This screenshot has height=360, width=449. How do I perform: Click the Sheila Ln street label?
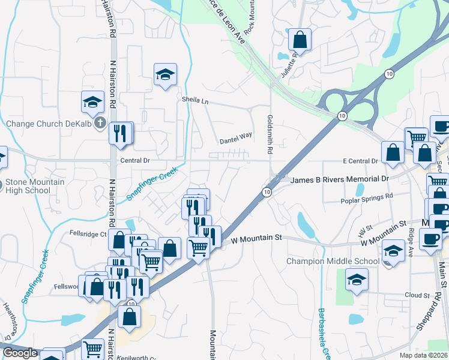pos(196,101)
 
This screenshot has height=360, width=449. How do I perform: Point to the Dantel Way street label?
pos(236,140)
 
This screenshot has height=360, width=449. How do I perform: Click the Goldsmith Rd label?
pos(270,133)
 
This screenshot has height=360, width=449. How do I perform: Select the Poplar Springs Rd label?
pos(366,196)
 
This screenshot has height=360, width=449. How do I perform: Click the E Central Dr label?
pos(360,161)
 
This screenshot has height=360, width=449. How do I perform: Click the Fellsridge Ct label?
pos(88,233)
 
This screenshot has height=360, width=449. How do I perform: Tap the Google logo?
pos(20,352)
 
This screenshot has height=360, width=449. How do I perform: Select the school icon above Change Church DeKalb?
pos(93,102)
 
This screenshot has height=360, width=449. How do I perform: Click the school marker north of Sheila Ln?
pos(165,74)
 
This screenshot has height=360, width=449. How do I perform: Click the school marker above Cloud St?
pos(357,279)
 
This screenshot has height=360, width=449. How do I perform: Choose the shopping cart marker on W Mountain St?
pos(198,247)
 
